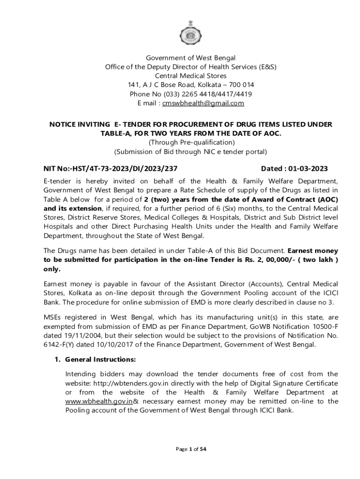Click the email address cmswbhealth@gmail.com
(203, 103)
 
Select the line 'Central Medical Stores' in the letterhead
(191, 76)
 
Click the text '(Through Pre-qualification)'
(191, 142)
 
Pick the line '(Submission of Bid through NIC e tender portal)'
(191, 152)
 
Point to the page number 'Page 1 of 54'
(191, 450)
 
